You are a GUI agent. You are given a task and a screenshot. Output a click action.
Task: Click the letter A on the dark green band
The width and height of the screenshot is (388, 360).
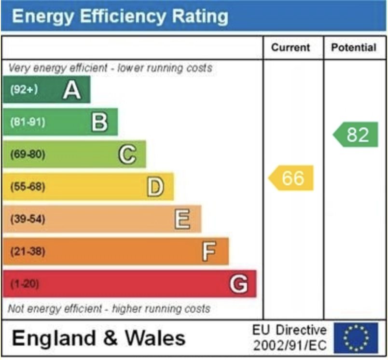[71, 90]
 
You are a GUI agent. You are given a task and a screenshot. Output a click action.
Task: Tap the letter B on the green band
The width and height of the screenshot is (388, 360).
[99, 122]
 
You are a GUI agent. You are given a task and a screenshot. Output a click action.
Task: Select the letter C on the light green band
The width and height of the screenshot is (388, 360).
[127, 154]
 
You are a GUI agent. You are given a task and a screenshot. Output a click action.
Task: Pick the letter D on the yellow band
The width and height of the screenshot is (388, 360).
[155, 187]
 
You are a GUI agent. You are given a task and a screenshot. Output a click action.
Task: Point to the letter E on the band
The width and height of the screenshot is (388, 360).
[182, 219]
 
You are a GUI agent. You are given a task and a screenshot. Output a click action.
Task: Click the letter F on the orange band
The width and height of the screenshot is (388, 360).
[209, 251]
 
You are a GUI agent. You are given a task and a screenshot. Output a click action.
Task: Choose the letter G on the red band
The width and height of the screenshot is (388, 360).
[238, 284]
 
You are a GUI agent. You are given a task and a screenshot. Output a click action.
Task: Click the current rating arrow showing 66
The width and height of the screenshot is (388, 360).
[291, 178]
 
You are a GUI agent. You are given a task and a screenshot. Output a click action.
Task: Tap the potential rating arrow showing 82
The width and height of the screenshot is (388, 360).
[356, 135]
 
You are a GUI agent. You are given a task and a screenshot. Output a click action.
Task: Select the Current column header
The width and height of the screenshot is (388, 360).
[291, 47]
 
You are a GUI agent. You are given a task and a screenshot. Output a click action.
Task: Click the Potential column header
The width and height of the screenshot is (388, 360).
[354, 47]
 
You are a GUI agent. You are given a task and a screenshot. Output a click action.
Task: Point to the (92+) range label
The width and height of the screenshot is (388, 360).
[23, 90]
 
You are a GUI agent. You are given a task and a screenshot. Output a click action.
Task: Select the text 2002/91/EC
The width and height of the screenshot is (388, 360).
[290, 346]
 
